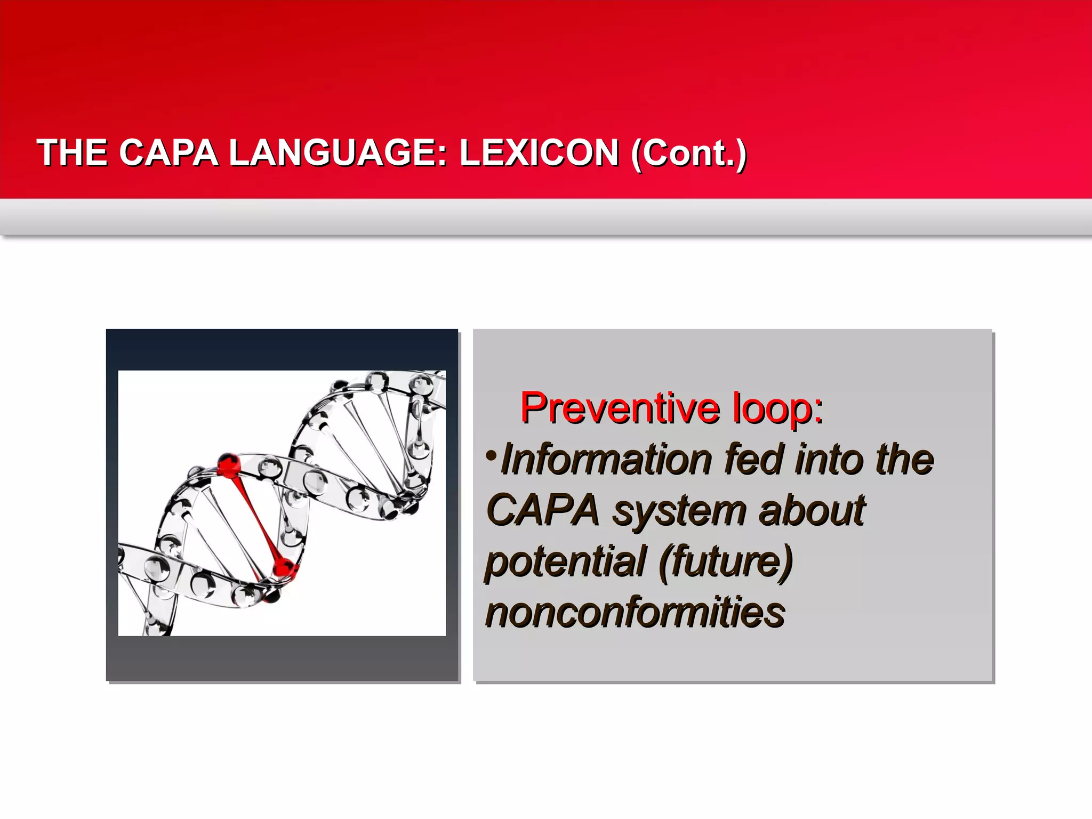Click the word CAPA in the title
pyautogui.click(x=168, y=153)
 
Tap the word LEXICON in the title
pyautogui.click(x=539, y=153)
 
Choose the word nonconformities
pyautogui.click(x=635, y=612)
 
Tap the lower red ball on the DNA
pyautogui.click(x=284, y=567)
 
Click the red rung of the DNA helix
pyautogui.click(x=255, y=515)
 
